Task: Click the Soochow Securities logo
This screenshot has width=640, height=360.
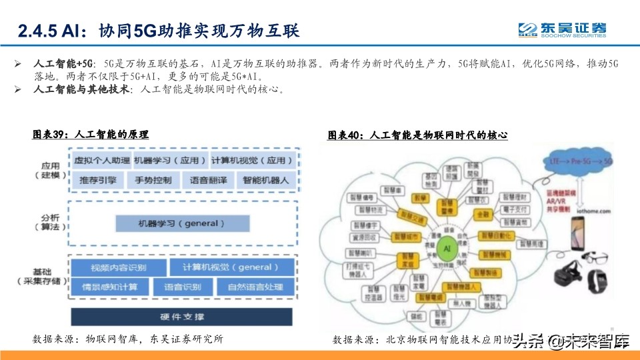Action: coord(563,30)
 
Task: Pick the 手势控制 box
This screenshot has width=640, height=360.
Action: coord(153,180)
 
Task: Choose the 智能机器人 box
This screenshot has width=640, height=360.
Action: coord(265,180)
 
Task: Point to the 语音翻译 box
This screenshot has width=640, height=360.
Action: coord(209,180)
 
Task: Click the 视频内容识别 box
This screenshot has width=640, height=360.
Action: coord(117,267)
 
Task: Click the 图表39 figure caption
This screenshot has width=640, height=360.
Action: coord(91,135)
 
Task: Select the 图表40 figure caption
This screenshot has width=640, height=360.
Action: coord(418,135)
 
